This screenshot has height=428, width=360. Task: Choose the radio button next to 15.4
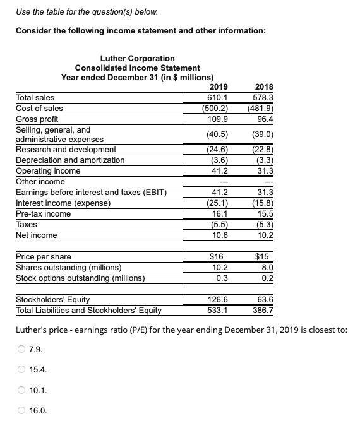click(21, 370)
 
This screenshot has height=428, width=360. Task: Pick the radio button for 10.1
click(21, 391)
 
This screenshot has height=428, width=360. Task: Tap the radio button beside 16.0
click(21, 412)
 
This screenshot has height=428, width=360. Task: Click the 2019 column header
click(218, 87)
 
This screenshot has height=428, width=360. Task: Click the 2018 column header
click(263, 87)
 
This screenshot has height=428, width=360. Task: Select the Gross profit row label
click(37, 119)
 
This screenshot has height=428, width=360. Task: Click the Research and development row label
click(66, 150)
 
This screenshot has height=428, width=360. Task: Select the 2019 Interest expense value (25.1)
click(217, 203)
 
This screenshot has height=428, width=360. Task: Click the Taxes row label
click(27, 225)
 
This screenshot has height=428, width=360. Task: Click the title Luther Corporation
click(137, 58)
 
